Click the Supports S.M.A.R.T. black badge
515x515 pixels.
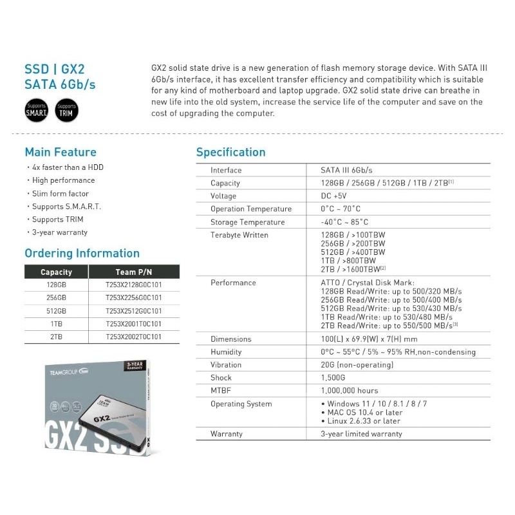(x=37, y=110)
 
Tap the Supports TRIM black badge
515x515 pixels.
(x=66, y=110)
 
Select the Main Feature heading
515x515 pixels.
(x=61, y=153)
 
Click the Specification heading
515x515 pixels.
(x=230, y=153)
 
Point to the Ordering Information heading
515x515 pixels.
(x=82, y=253)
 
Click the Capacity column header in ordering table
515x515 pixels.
(x=56, y=272)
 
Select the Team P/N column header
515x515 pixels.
(x=135, y=272)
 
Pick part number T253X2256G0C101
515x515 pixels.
(x=134, y=298)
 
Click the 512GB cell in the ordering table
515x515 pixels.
(x=57, y=311)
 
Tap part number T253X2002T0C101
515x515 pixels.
(x=134, y=337)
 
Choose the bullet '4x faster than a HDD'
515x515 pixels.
(x=68, y=167)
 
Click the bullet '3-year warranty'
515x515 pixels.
(x=60, y=232)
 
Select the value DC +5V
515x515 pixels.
(x=333, y=196)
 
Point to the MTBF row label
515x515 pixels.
(x=220, y=391)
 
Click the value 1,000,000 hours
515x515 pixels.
(x=350, y=391)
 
